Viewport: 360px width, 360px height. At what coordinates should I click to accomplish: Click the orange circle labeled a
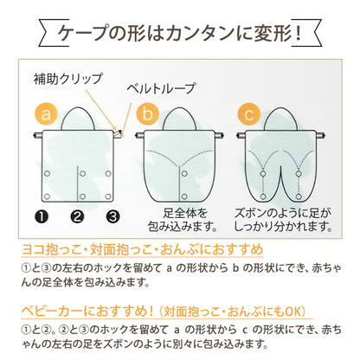point(46,114)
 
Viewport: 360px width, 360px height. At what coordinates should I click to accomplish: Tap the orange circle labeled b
point(148,114)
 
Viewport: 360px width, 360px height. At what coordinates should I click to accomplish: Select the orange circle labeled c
point(249,114)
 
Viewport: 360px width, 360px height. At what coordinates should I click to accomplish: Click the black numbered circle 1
point(42,216)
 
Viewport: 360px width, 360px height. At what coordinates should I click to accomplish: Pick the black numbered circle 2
point(77,216)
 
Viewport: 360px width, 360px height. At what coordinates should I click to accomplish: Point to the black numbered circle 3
point(112,216)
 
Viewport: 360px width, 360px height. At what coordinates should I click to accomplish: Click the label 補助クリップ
point(68,79)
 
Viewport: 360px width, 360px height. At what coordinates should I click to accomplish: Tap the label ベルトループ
point(162,88)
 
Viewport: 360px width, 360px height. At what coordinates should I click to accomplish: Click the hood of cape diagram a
point(78,119)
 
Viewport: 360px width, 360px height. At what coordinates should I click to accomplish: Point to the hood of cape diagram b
point(179,119)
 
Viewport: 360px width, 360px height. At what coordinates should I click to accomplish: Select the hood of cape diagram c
point(280,119)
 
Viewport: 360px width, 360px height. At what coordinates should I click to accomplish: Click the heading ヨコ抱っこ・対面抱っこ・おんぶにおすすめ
point(143,250)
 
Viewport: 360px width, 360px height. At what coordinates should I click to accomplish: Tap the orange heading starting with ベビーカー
point(164,312)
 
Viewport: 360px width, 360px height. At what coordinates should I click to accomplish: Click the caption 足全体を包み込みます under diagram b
point(183,220)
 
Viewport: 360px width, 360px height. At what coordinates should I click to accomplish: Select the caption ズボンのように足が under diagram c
point(282,214)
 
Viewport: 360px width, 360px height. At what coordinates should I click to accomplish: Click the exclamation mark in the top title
point(299,33)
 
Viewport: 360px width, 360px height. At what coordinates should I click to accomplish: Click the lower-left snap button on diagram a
point(47,196)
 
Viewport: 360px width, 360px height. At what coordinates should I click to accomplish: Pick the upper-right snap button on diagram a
point(108,174)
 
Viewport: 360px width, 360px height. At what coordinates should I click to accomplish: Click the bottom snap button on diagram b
point(184,196)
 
